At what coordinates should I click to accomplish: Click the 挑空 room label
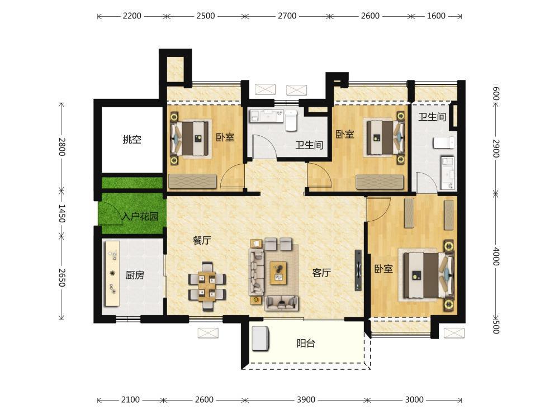132,139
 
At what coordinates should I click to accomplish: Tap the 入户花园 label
140,216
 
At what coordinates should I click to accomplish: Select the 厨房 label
135,275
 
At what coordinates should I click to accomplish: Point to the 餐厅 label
202,240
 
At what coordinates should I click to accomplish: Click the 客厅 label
321,273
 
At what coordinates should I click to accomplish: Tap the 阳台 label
306,344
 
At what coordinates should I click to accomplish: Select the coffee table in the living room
279,273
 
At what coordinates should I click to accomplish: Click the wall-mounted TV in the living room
358,270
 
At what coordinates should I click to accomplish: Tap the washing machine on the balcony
260,338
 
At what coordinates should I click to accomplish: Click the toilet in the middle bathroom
291,120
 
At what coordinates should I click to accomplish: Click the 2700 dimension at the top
287,16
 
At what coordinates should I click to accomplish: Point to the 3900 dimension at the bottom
306,400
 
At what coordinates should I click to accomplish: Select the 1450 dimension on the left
61,213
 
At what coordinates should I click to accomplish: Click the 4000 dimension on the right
496,256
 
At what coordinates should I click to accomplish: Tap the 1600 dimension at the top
436,16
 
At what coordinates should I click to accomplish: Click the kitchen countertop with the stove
112,273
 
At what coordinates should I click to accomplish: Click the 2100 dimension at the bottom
130,400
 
